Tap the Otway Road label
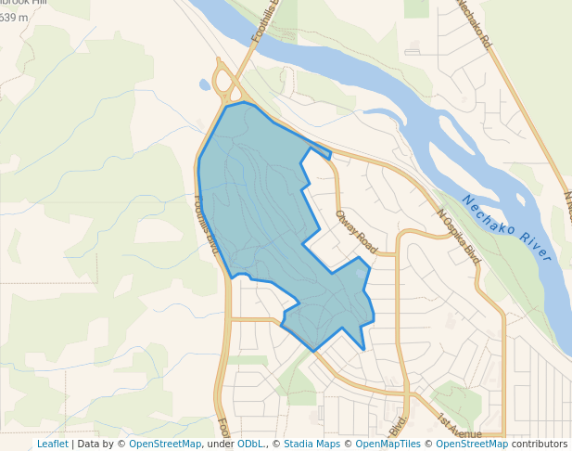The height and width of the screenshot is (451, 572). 356,232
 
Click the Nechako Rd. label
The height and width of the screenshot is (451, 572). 474,22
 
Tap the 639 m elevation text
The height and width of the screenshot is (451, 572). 14,17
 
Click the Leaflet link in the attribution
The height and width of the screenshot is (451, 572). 52,444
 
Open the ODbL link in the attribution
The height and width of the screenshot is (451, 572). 249,444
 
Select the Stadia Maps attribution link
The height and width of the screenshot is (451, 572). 311,444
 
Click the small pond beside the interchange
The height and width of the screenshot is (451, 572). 205,84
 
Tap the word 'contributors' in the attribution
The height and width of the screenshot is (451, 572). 540,444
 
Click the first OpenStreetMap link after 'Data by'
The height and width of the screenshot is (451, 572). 165,444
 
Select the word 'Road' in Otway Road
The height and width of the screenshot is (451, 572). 366,240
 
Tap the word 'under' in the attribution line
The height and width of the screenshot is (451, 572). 220,444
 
